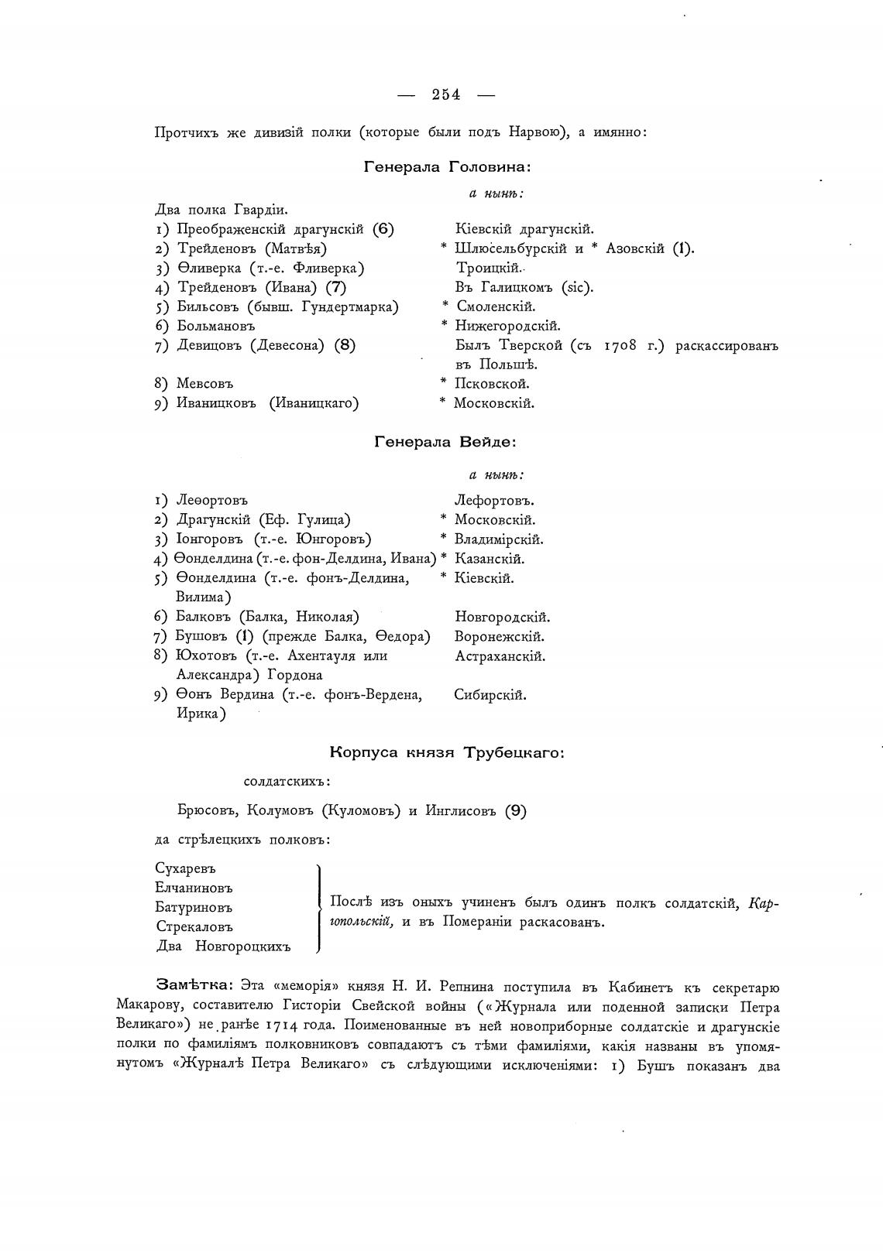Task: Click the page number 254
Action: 446,94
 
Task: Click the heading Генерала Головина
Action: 447,166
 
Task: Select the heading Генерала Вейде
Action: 445,442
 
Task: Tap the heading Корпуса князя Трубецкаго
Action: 447,751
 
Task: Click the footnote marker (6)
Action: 383,229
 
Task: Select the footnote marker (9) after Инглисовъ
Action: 516,811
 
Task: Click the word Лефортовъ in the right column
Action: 494,501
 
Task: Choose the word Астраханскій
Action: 500,656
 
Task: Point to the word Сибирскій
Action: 490,695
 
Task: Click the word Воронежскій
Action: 500,637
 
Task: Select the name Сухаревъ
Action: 185,868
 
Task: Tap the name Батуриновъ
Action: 194,907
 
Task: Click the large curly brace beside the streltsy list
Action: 319,907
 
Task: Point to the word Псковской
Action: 491,384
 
